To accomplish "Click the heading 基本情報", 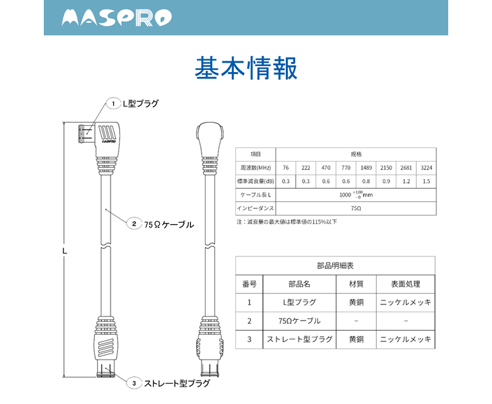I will (246, 69).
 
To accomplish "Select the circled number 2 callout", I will (134, 224).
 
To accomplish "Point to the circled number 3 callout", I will (134, 383).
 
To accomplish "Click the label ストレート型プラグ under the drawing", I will (177, 383).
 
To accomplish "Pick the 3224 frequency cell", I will (425, 167).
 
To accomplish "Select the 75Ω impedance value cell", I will (356, 209).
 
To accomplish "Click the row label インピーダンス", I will (255, 209).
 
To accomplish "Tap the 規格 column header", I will (356, 154).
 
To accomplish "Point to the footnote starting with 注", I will (286, 222).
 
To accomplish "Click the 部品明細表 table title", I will (335, 265).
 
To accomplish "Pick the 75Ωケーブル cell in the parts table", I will (299, 321).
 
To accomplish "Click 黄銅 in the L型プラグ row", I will (356, 302).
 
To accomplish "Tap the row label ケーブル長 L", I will (255, 195).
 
